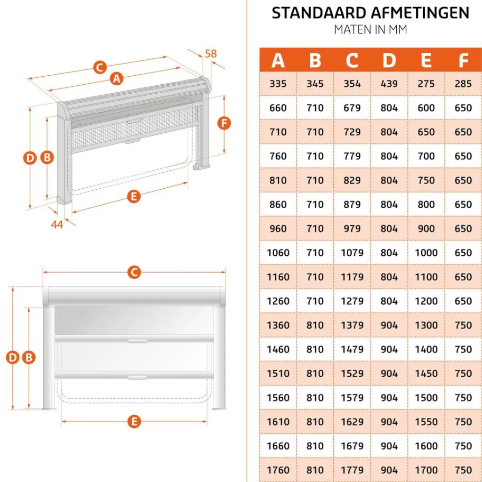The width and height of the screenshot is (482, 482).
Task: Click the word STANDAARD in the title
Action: click(310, 13)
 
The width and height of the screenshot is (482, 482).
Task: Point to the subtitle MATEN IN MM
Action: click(370, 29)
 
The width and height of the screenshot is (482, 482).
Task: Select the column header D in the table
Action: click(389, 60)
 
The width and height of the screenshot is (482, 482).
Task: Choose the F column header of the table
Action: click(463, 60)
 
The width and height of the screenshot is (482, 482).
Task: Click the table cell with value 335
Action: click(278, 84)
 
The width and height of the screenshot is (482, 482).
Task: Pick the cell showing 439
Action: click(389, 84)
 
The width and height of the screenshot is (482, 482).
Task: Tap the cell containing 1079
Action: click(352, 253)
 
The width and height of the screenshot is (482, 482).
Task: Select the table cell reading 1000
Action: click(426, 253)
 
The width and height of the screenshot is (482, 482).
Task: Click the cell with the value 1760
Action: click(278, 470)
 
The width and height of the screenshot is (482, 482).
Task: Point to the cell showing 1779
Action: click(352, 470)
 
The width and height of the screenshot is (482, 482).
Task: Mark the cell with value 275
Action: click(426, 84)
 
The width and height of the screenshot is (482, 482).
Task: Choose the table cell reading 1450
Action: click(426, 373)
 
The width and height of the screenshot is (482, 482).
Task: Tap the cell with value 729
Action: click(352, 132)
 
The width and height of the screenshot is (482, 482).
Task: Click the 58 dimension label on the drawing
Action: click(211, 54)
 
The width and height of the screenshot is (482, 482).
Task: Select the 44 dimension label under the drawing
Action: click(57, 225)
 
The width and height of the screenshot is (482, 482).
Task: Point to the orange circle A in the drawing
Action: click(117, 79)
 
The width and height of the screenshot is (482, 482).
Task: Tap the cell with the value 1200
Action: click(426, 301)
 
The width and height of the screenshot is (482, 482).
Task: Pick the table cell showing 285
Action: click(463, 84)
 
